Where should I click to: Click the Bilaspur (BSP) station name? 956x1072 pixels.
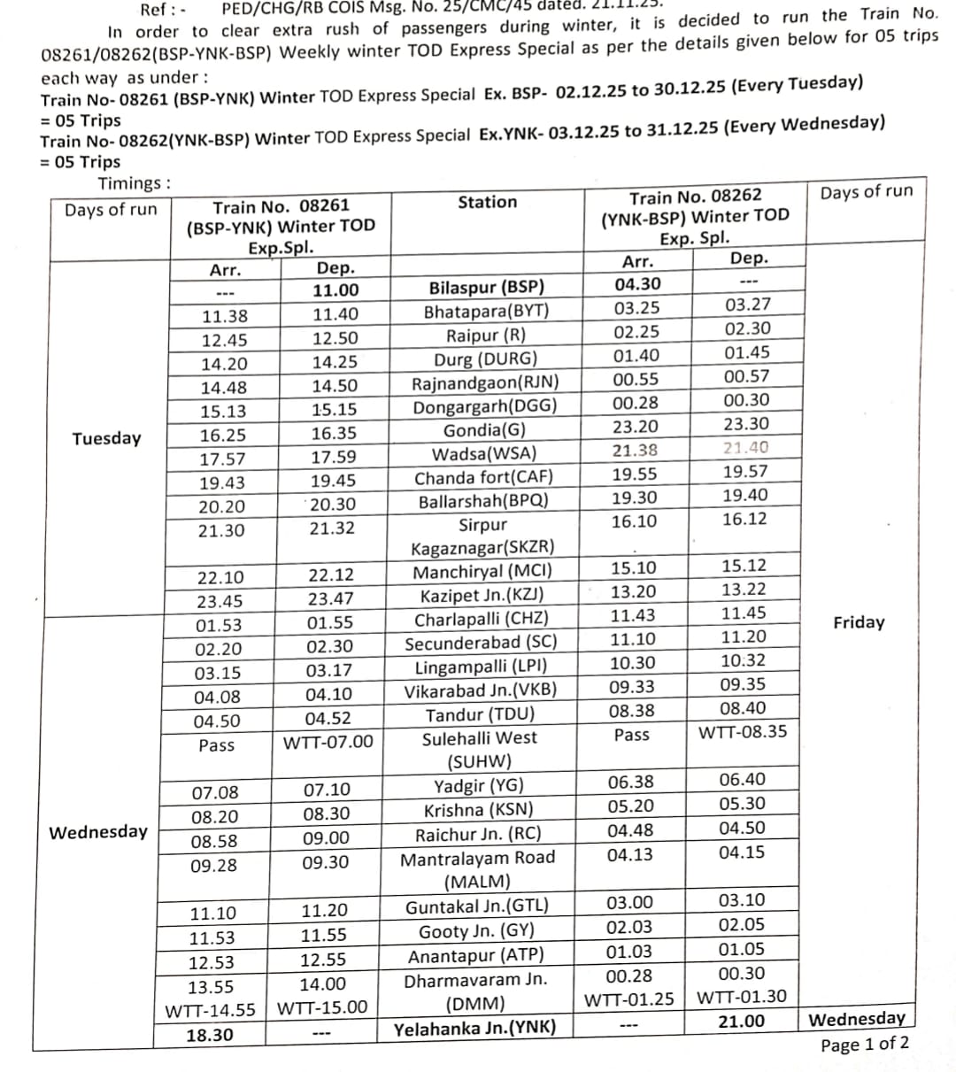click(486, 288)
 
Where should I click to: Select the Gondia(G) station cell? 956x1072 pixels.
click(485, 431)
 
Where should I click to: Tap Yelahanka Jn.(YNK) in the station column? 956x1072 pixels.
click(475, 1028)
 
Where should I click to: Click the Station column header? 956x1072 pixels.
click(487, 203)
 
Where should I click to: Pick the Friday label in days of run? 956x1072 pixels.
click(859, 622)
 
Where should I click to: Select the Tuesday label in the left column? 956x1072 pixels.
click(106, 439)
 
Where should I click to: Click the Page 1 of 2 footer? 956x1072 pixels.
click(865, 1045)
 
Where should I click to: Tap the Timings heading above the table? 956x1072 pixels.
click(135, 184)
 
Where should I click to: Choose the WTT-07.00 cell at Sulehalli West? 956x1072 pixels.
click(328, 742)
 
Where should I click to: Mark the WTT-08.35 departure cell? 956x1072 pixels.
click(743, 732)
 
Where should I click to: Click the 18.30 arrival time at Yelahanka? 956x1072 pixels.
click(211, 1035)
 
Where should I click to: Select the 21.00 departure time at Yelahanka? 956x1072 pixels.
click(741, 1022)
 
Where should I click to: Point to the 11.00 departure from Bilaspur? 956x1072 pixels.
click(335, 290)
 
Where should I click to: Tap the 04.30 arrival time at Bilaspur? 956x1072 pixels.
click(637, 284)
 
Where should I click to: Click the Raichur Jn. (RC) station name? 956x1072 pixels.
click(478, 835)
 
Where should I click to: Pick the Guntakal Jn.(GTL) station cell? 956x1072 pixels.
click(477, 906)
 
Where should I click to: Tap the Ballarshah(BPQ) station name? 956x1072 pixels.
click(483, 501)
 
